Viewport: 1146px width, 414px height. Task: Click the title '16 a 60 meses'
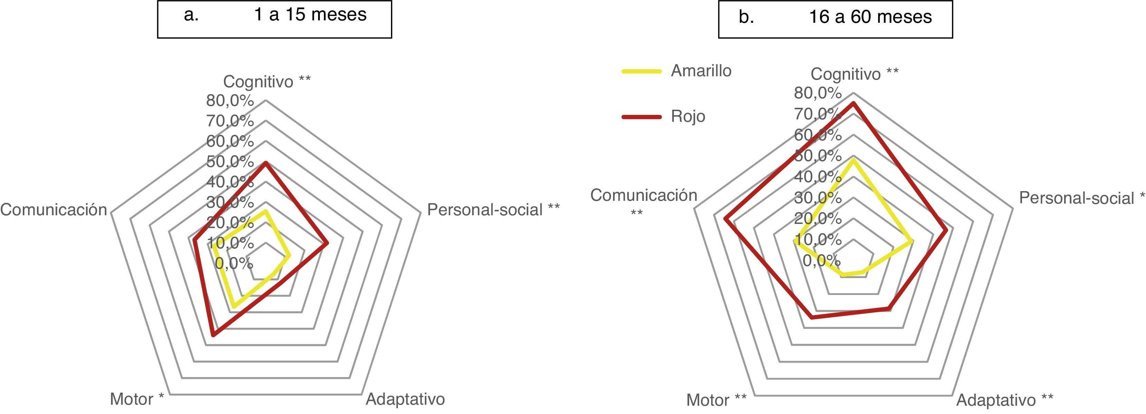click(870, 17)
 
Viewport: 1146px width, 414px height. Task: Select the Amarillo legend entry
click(701, 71)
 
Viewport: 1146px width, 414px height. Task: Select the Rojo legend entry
click(688, 116)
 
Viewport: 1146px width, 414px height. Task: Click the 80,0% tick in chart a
click(230, 101)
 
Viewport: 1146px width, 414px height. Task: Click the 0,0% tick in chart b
click(822, 260)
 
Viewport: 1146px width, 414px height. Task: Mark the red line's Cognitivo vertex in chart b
click(853, 103)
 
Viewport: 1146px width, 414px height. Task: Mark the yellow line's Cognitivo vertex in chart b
click(853, 159)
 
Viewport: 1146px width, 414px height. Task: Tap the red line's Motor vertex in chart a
click(213, 335)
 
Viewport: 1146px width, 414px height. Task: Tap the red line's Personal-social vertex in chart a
click(327, 244)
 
